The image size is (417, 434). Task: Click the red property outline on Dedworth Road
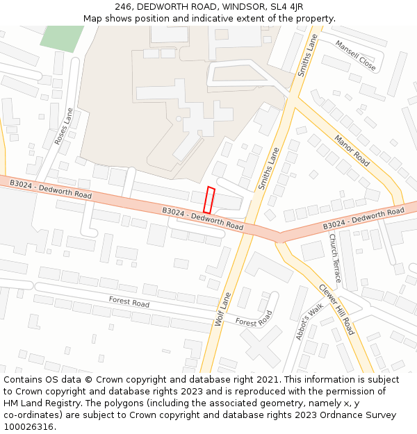coord(208,200)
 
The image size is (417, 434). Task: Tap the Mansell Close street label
coord(355,56)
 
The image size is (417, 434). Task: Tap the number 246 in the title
coord(122,6)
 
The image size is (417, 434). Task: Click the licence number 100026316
coord(29,426)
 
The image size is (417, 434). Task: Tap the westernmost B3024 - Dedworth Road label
coord(51,189)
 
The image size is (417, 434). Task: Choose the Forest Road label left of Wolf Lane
coord(129,302)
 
